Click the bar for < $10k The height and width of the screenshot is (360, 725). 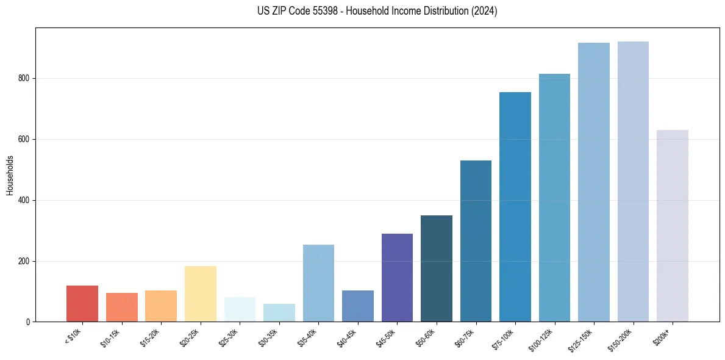[82, 303]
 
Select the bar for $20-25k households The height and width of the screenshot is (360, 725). [201, 293]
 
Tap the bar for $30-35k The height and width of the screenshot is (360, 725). [279, 312]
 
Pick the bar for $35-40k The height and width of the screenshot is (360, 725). [318, 283]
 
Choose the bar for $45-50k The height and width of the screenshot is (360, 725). [397, 278]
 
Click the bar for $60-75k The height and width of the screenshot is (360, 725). [476, 241]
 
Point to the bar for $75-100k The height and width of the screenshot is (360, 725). [515, 207]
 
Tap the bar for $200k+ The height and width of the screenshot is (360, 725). [673, 226]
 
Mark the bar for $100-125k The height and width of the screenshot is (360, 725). [554, 198]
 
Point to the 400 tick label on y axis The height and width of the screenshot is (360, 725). [26, 200]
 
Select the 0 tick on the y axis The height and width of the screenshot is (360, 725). [29, 322]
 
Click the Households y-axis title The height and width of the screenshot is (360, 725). [10, 175]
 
